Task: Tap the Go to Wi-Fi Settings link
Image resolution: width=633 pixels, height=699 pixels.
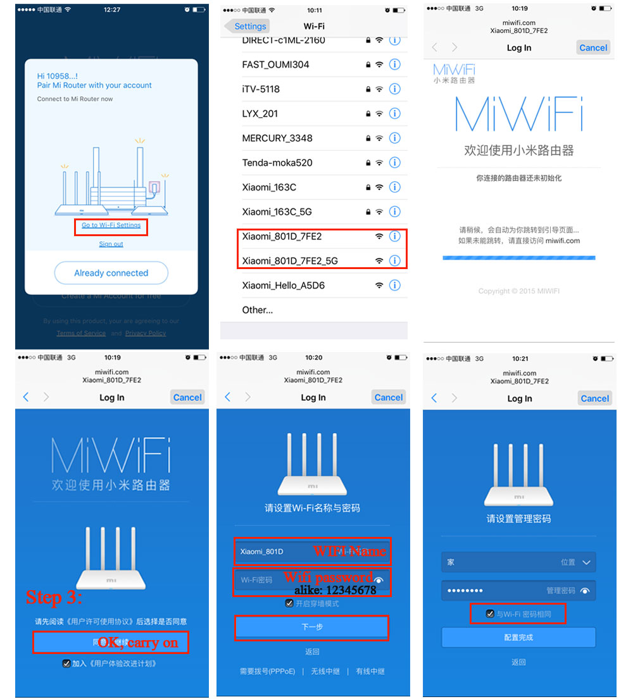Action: point(111,225)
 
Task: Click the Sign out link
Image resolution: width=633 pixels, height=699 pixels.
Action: point(111,244)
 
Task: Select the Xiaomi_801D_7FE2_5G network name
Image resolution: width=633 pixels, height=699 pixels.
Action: point(290,261)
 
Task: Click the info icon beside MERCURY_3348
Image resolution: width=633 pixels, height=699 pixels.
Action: point(395,138)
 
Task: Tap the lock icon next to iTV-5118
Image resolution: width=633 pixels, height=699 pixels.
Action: point(368,89)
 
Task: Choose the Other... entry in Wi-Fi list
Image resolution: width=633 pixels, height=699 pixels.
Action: point(258,310)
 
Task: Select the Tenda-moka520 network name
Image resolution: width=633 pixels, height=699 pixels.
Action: point(277,163)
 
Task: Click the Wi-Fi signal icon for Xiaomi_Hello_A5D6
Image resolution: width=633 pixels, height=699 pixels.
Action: point(379,286)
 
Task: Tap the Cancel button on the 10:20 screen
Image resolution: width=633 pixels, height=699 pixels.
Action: point(389,398)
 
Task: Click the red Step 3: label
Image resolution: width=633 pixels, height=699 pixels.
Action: point(54,597)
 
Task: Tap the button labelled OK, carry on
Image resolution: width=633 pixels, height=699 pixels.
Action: point(111,642)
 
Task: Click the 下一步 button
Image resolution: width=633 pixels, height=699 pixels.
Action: point(312,627)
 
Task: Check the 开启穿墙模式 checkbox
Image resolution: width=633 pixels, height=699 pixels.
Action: point(289,604)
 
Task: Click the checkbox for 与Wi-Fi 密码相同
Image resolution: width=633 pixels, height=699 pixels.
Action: point(489,614)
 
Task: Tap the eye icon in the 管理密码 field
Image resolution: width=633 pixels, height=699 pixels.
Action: point(585,591)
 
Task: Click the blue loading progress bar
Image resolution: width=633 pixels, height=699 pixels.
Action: point(519,258)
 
